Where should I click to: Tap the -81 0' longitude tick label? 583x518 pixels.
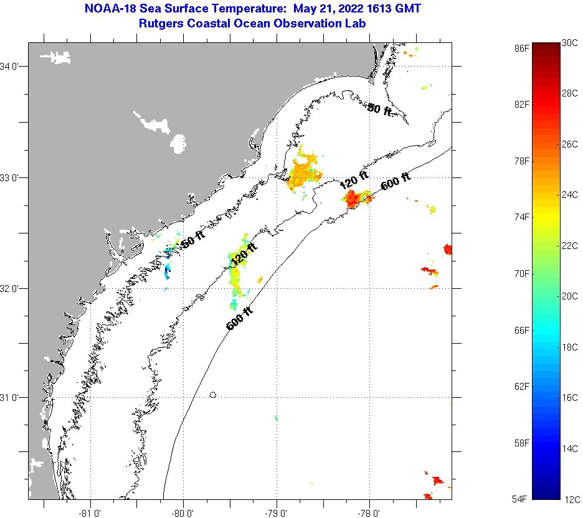coord(90,514)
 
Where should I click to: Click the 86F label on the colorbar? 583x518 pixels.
coord(522,47)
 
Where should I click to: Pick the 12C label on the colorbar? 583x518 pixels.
coord(571,499)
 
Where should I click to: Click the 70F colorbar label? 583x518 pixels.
coord(522,273)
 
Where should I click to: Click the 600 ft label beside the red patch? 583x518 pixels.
coord(396,181)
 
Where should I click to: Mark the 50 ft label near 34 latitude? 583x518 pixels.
coord(379,110)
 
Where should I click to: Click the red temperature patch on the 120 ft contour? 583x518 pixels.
coord(353,199)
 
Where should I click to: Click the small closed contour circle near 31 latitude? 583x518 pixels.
coord(213,394)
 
